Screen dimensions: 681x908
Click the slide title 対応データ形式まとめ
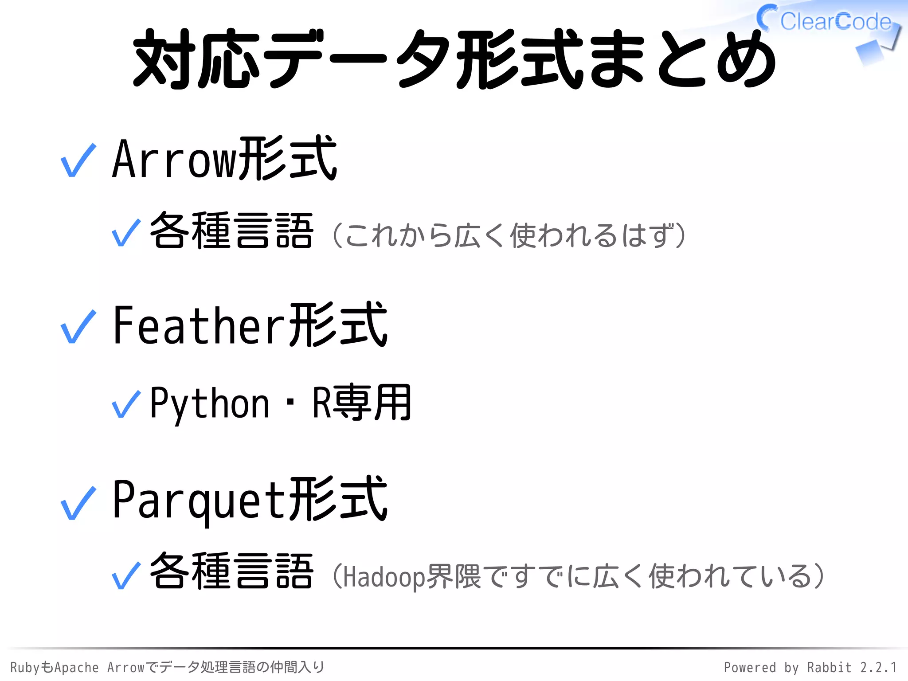click(x=454, y=60)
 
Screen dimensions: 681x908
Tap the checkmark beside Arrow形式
click(x=78, y=160)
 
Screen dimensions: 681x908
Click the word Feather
click(x=199, y=326)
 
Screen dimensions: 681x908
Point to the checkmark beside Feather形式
click(x=78, y=327)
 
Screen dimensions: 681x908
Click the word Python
click(x=210, y=403)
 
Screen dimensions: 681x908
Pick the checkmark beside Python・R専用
click(x=126, y=404)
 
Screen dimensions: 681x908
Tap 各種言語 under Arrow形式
click(x=232, y=231)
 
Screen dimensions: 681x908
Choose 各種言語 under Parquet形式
click(x=232, y=572)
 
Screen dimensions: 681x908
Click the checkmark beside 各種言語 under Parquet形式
click(x=126, y=575)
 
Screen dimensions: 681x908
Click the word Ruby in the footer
click(x=24, y=667)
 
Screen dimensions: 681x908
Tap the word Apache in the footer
click(x=76, y=667)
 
